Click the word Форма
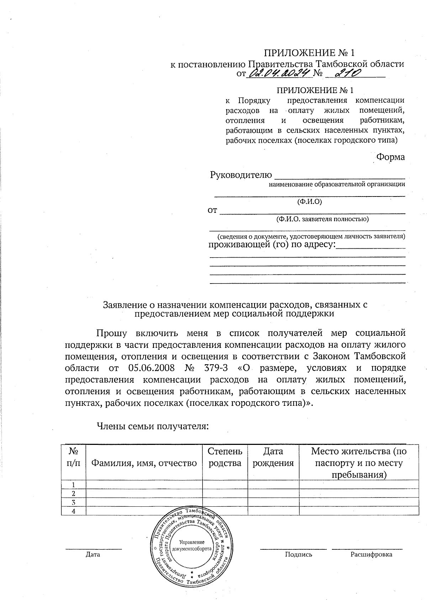click(390, 157)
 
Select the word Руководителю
click(241, 175)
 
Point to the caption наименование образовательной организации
click(337, 184)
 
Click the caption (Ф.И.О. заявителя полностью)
click(322, 219)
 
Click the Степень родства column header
click(225, 457)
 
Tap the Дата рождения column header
click(273, 457)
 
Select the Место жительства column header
click(359, 463)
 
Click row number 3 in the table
click(74, 502)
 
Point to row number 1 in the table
click(74, 485)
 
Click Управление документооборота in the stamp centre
click(192, 545)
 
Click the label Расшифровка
click(371, 554)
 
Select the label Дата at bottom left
click(93, 554)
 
